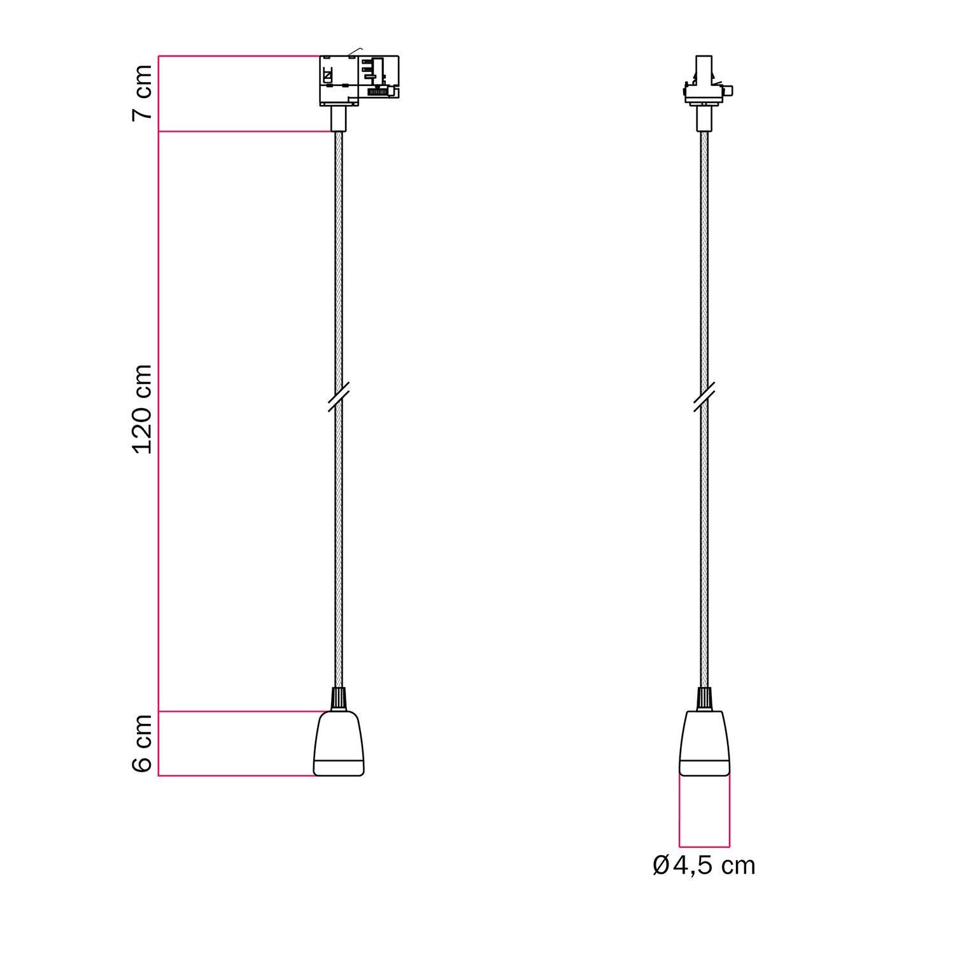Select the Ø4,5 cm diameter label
[x=704, y=866]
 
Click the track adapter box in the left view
[x=358, y=80]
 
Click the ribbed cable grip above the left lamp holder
[x=339, y=699]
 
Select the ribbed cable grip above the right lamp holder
[x=704, y=699]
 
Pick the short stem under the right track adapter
[x=704, y=119]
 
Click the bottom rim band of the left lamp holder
[x=339, y=768]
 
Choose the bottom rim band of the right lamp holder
[x=704, y=768]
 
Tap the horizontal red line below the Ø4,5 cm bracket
[x=704, y=847]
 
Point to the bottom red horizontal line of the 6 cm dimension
[x=236, y=776]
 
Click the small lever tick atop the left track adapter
[x=356, y=50]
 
